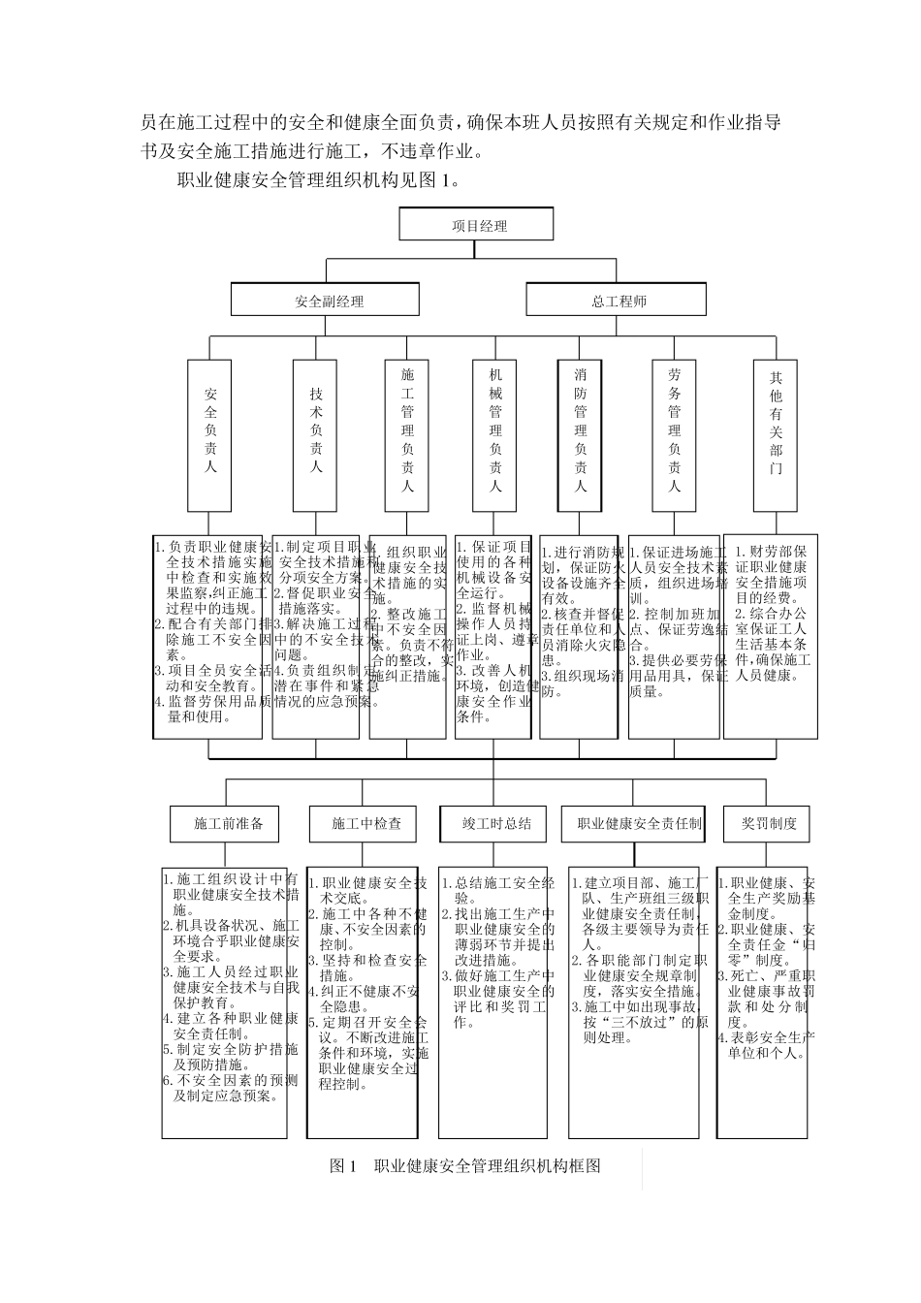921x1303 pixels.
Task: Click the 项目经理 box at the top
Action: coord(476,225)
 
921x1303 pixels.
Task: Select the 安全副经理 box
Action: coord(325,301)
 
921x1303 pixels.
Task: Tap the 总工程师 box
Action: coord(619,301)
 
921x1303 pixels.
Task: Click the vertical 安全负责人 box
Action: coord(210,435)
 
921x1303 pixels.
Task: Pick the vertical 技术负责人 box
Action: coord(316,435)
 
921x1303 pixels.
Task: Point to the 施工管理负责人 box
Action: coord(407,435)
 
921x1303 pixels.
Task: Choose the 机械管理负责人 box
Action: coord(495,435)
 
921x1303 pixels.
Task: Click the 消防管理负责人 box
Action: coord(581,435)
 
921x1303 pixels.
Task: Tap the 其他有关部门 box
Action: coord(776,435)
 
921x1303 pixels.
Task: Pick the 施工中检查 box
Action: coord(365,823)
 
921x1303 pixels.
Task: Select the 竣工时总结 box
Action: coord(497,823)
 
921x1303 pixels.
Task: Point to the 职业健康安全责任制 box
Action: coord(639,823)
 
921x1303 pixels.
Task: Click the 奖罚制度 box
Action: coord(769,823)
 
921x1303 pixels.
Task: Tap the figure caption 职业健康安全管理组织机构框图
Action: coord(465,1165)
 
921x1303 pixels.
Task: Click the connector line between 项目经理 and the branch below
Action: coord(474,249)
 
